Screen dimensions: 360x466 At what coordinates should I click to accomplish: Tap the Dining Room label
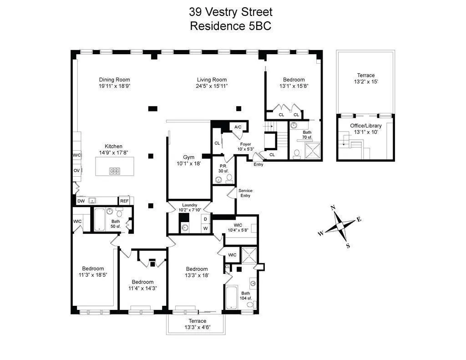point(114,80)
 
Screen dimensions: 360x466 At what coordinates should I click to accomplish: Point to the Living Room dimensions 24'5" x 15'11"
point(212,86)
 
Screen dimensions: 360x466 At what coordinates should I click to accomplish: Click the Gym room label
point(189,157)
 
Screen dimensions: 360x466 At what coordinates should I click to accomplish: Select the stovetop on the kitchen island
point(114,171)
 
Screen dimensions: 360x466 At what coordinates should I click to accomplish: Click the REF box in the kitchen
point(124,201)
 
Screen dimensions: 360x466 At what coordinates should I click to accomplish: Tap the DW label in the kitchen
point(81,201)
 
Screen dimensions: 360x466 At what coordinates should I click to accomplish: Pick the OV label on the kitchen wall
point(76,171)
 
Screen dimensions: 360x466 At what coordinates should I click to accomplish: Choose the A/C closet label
point(238,127)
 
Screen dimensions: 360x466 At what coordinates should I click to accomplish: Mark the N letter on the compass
point(333,208)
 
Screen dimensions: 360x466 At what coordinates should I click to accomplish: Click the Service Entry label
point(245,193)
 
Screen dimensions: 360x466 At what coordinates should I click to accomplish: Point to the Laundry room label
point(189,205)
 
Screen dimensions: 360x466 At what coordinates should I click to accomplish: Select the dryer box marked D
point(205,219)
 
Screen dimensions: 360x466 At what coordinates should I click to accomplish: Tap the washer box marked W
point(205,228)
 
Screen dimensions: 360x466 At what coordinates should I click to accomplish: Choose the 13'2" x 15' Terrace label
point(365,78)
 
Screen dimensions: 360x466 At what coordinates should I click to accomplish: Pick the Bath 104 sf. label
point(246,296)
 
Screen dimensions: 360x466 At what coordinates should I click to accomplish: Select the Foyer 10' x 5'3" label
point(246,147)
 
